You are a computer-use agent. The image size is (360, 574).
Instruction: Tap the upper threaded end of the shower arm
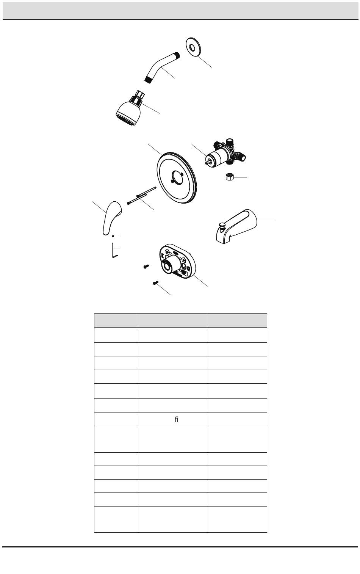pyautogui.click(x=177, y=55)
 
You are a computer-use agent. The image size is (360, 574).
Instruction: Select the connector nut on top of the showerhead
pyautogui.click(x=140, y=94)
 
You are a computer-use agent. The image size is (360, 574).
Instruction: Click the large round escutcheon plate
pyautogui.click(x=177, y=177)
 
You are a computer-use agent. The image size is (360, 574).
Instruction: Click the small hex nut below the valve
pyautogui.click(x=229, y=177)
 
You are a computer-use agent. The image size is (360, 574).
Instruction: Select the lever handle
pyautogui.click(x=112, y=218)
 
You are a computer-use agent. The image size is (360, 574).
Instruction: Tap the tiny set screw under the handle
pyautogui.click(x=113, y=236)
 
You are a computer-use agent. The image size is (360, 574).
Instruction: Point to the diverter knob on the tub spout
pyautogui.click(x=222, y=225)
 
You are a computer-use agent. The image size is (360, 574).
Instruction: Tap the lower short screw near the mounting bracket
pyautogui.click(x=156, y=283)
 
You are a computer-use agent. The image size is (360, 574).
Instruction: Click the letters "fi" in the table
pyautogui.click(x=177, y=419)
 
